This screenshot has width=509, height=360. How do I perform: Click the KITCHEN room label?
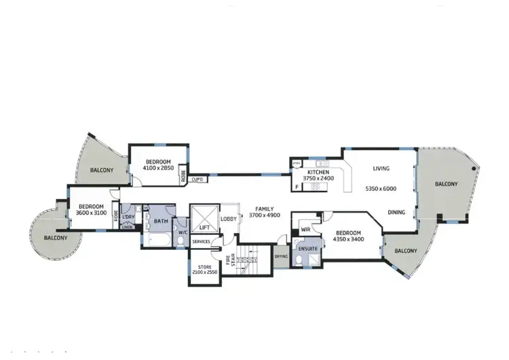(x=318, y=173)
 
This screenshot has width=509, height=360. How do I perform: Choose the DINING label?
(x=397, y=212)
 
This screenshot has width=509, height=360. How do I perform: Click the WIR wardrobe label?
(x=305, y=230)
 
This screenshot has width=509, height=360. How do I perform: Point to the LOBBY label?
(x=229, y=219)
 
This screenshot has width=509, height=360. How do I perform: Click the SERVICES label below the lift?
(x=202, y=241)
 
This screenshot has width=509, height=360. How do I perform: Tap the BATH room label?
(x=161, y=221)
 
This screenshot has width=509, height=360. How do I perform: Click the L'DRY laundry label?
(x=128, y=217)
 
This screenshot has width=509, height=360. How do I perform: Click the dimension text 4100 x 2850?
(x=159, y=167)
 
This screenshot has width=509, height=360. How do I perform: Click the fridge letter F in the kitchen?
(x=296, y=185)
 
